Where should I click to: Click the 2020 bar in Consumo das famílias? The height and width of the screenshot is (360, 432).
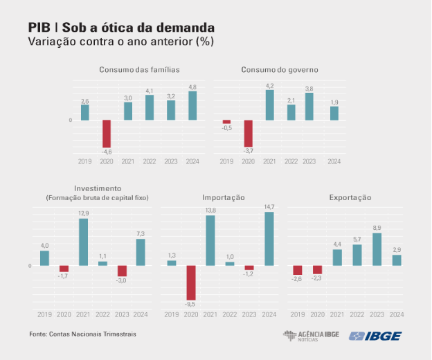[x=107, y=134]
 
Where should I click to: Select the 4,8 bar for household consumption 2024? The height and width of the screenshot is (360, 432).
[x=192, y=106]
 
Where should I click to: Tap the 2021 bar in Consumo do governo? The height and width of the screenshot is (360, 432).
[x=269, y=105]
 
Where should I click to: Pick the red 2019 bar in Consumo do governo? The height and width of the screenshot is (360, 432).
[x=226, y=122]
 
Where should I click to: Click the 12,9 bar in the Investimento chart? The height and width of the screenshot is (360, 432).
[x=83, y=242]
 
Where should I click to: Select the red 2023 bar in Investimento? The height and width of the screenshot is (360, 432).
[x=122, y=271]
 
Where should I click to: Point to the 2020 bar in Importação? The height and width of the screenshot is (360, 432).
[x=191, y=282]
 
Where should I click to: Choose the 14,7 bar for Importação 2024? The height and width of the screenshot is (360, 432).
[x=269, y=239]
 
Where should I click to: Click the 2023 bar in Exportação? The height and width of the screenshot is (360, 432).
[x=377, y=249]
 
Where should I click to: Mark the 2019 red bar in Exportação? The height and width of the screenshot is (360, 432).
[x=298, y=270]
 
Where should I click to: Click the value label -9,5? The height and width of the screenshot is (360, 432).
[x=191, y=304]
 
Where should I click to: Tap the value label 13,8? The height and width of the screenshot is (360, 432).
[x=210, y=210]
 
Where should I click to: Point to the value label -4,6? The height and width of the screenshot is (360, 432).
[x=107, y=152]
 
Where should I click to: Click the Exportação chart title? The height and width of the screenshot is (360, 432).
[x=350, y=197]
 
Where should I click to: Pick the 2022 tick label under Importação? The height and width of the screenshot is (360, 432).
[x=230, y=315]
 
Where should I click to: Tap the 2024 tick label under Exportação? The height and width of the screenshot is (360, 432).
[x=397, y=315]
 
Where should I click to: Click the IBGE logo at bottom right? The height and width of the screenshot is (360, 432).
[x=375, y=336]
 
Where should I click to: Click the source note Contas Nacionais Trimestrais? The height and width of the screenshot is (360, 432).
[x=83, y=334]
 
